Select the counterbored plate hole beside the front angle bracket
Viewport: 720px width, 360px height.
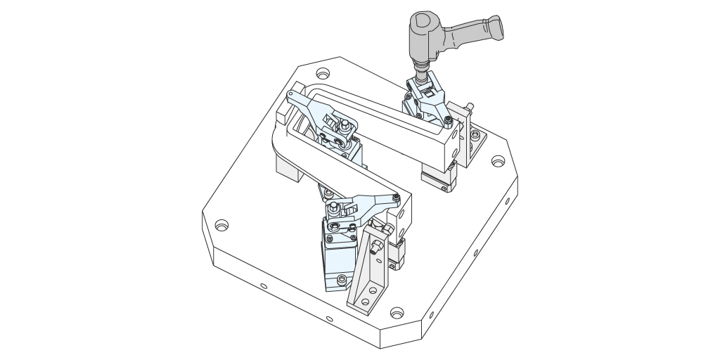[397, 311]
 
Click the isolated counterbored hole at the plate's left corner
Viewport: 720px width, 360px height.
[221, 226]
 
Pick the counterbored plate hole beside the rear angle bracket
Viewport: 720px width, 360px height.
[498, 162]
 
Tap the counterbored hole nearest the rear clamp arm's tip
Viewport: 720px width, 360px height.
[323, 73]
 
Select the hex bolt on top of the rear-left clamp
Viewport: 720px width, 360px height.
[345, 125]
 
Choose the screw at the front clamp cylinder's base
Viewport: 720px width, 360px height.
[342, 280]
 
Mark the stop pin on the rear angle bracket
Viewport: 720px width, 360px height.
[468, 107]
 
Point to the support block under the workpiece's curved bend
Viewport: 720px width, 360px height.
[288, 167]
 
